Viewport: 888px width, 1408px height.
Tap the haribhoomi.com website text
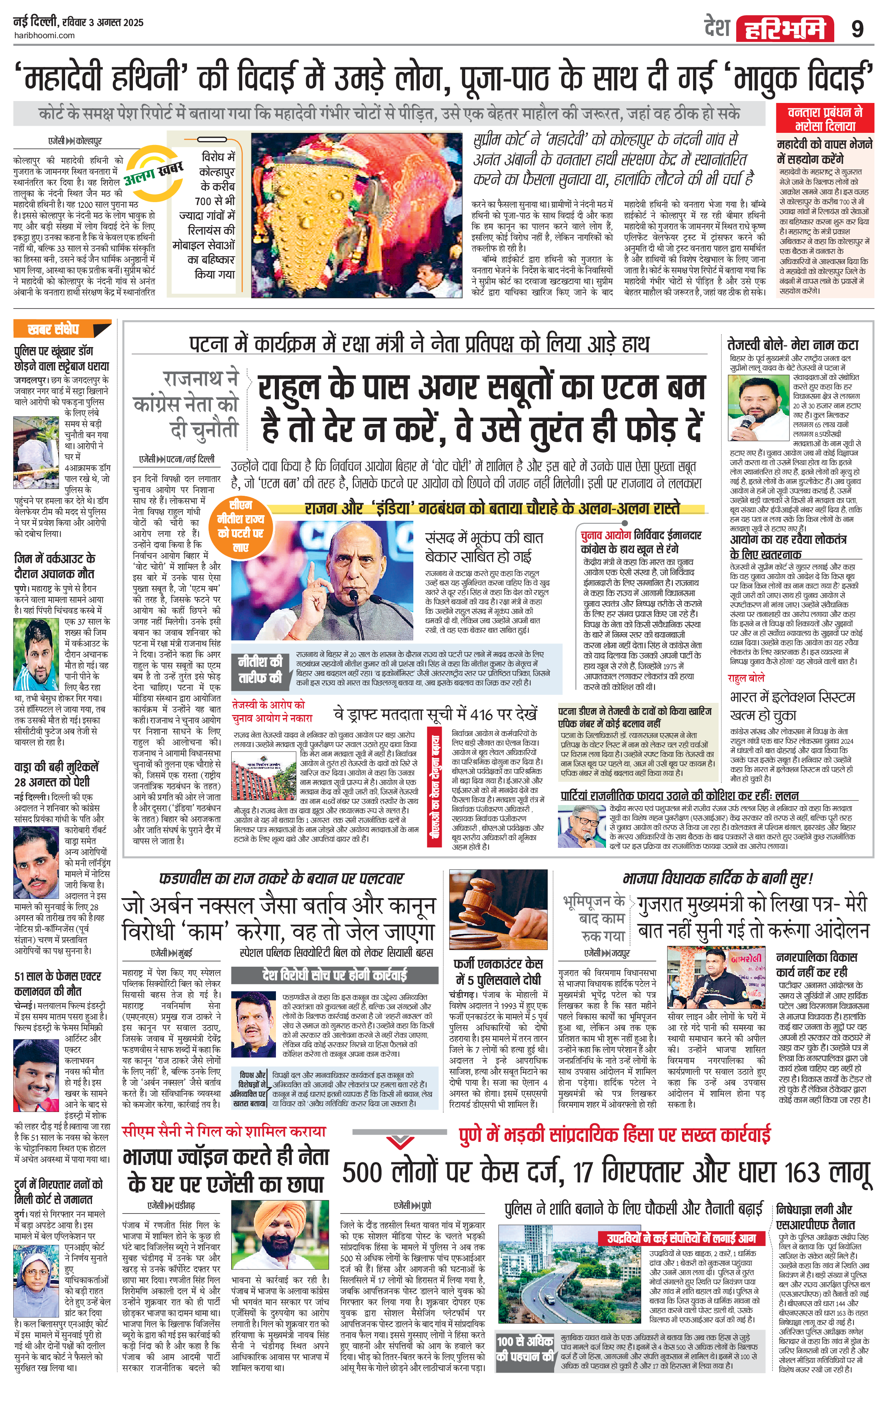point(44,35)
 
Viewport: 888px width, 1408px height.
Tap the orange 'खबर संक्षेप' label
point(61,329)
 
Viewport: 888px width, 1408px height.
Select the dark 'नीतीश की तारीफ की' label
point(260,670)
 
